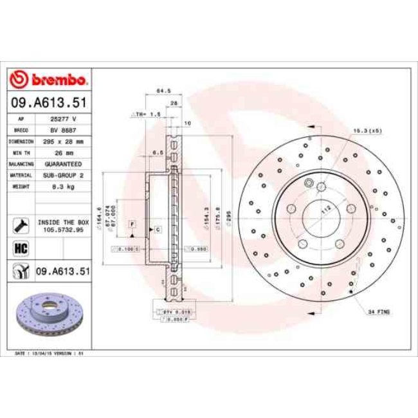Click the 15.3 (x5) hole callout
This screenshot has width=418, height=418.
[367, 131]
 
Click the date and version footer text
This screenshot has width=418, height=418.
[50, 354]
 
